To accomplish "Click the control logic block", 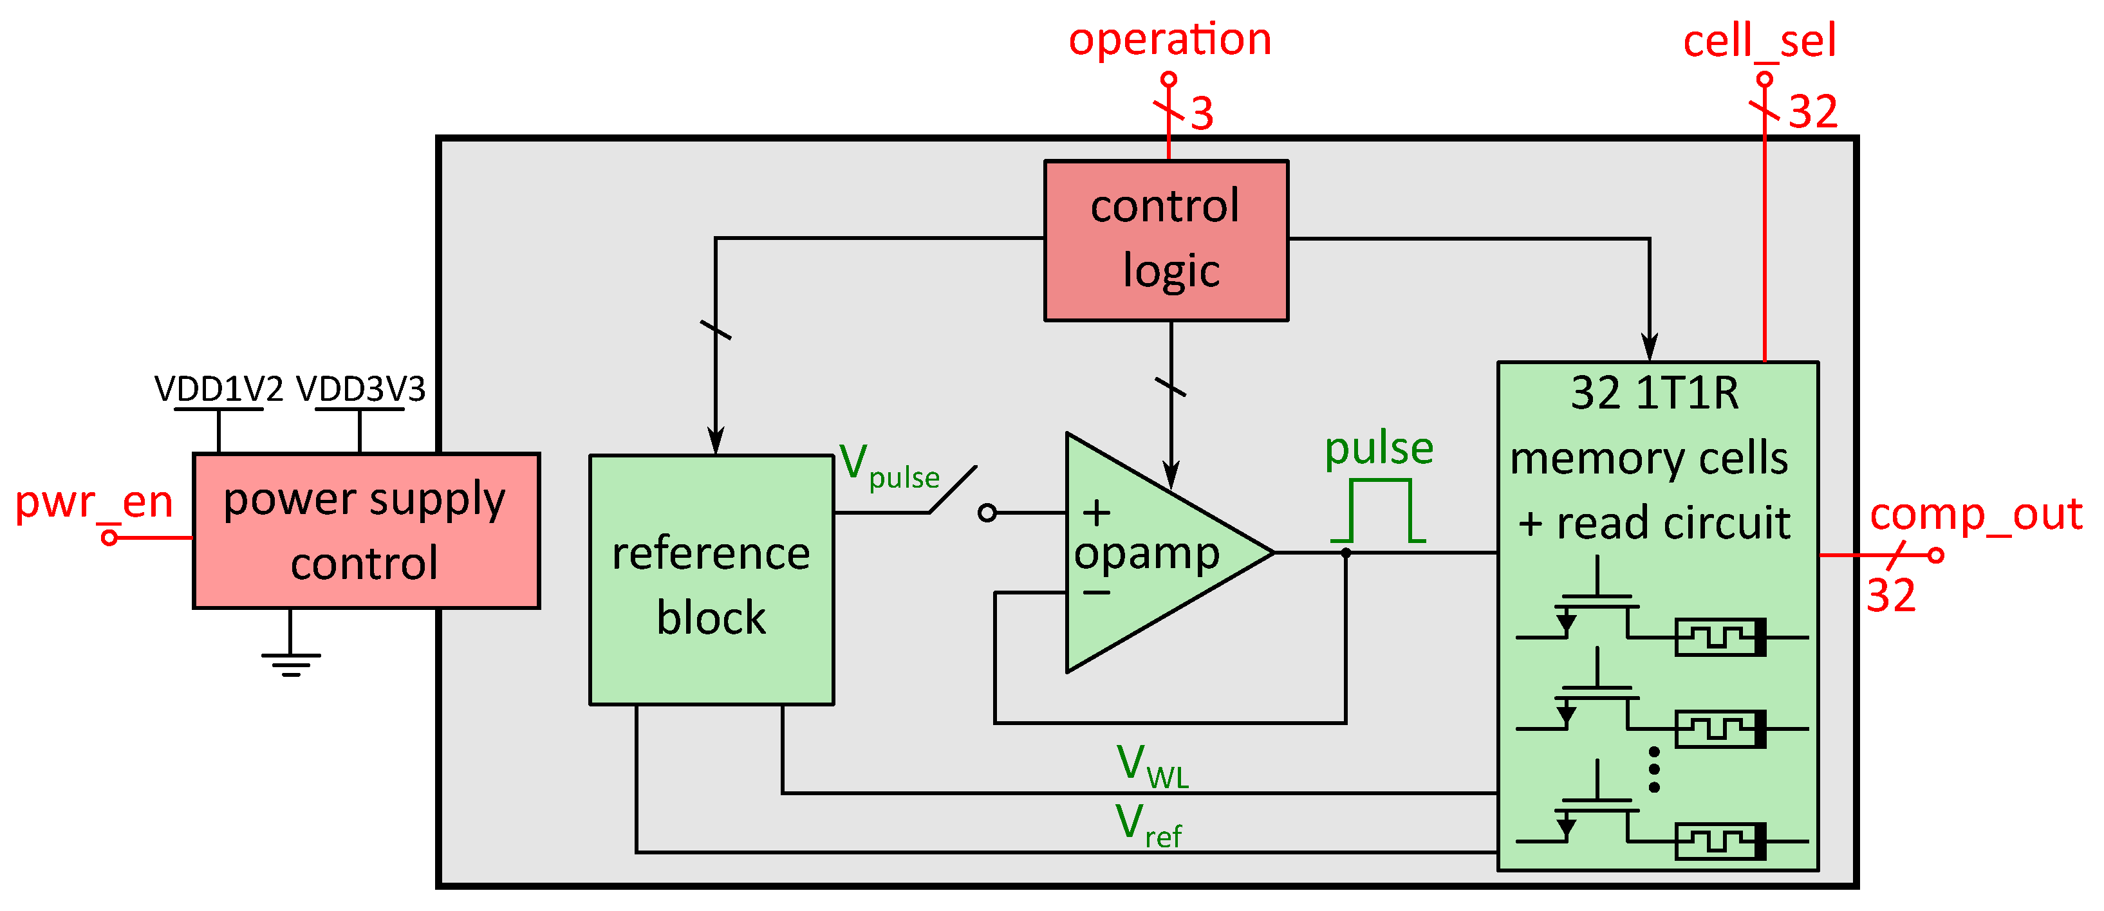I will [x=1166, y=240].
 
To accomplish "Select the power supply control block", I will [x=366, y=531].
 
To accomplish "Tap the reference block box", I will [x=711, y=580].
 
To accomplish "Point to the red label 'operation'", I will [x=1169, y=39].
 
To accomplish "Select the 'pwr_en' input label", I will [x=94, y=501].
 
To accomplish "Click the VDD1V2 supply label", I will [x=219, y=389].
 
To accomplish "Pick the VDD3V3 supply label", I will [x=360, y=389].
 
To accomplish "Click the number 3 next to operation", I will [x=1202, y=113].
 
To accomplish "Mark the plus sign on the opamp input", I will [x=1096, y=513].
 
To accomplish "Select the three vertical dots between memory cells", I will [x=1654, y=769].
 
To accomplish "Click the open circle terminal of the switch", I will [x=987, y=513].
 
